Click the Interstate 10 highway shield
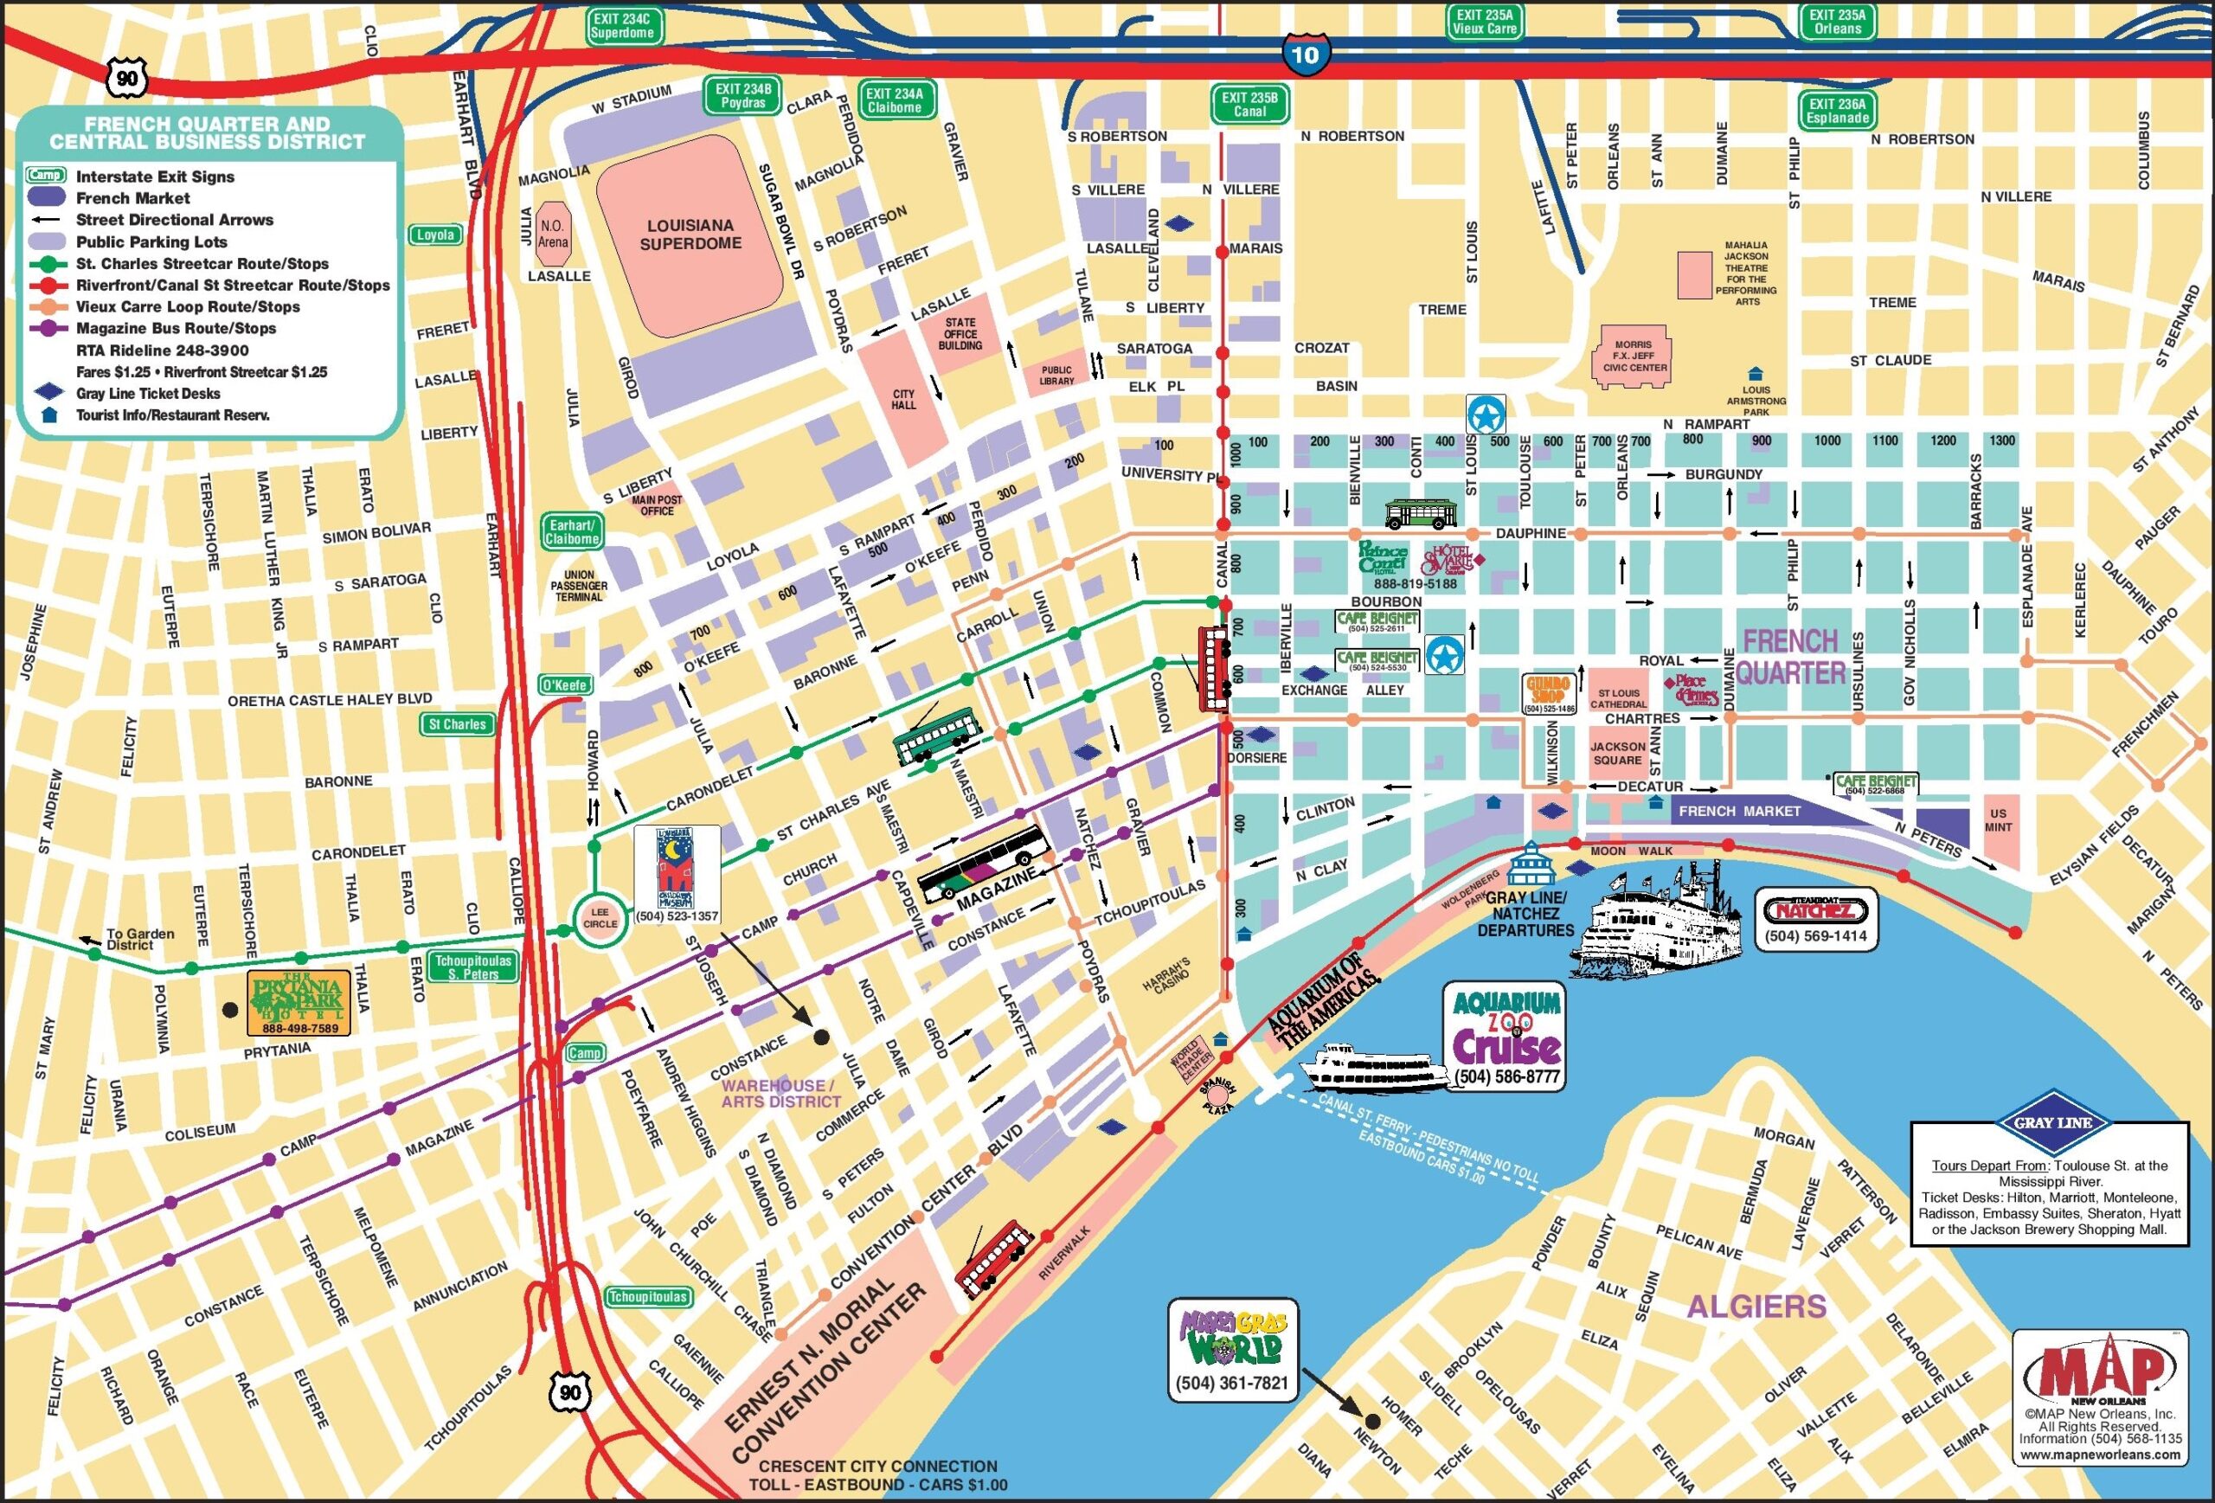1304,55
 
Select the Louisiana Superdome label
690,234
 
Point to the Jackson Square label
1616,753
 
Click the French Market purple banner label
1738,811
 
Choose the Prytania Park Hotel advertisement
299,1003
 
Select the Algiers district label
1756,1306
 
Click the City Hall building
902,400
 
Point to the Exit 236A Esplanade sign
1837,111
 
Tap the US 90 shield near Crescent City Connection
569,1392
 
